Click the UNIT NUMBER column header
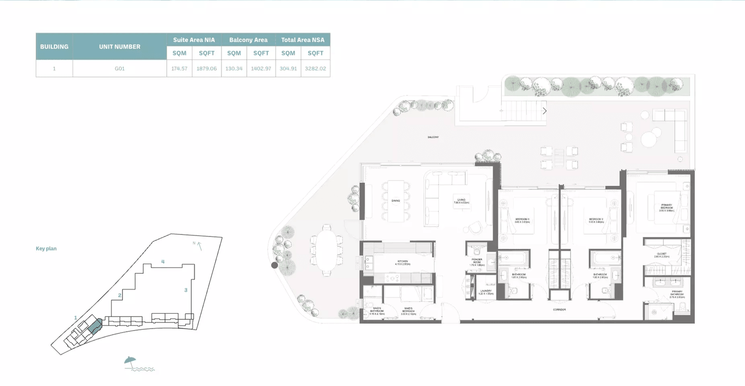pyautogui.click(x=120, y=47)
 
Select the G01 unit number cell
pyautogui.click(x=120, y=68)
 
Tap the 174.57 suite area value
pyautogui.click(x=179, y=68)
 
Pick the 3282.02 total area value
pyautogui.click(x=316, y=68)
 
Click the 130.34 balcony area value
pyautogui.click(x=234, y=68)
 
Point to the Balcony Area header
pyautogui.click(x=248, y=40)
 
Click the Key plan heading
pyautogui.click(x=46, y=249)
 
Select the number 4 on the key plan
pyautogui.click(x=162, y=262)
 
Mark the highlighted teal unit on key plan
pyautogui.click(x=94, y=326)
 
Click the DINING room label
pyautogui.click(x=395, y=200)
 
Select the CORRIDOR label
pyautogui.click(x=559, y=309)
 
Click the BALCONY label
pyautogui.click(x=433, y=137)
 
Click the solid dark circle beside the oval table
pyautogui.click(x=274, y=265)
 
